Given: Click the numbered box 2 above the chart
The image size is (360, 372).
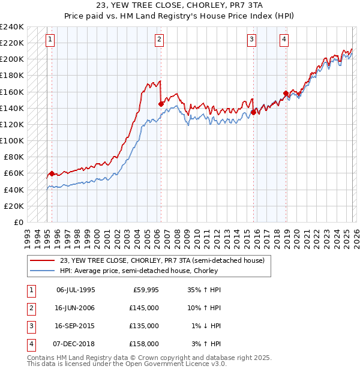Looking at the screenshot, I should tap(159, 40).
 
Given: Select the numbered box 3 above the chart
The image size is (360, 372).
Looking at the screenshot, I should tap(251, 40).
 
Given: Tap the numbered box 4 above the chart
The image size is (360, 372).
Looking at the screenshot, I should tap(283, 40).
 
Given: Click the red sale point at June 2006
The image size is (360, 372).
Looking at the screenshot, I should tap(161, 104).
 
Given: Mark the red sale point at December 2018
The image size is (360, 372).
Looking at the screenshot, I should tap(285, 93).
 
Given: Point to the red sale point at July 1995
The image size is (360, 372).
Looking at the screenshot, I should tap(52, 173).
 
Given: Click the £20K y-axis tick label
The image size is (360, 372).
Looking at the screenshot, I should tap(14, 206).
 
